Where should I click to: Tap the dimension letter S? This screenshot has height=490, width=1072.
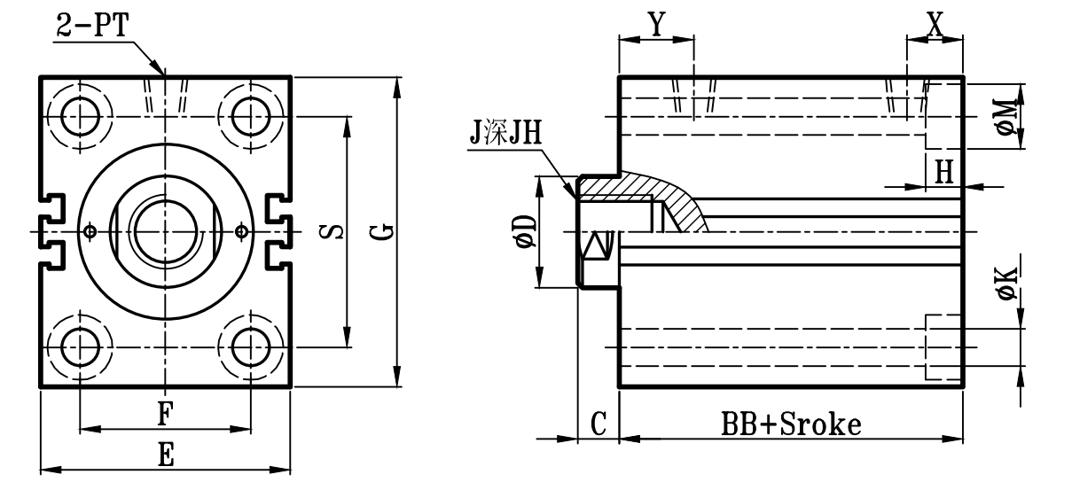(x=329, y=232)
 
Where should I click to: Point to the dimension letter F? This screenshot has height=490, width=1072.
(x=165, y=414)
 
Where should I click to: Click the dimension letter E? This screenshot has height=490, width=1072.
(x=165, y=455)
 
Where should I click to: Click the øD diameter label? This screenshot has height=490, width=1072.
(x=525, y=231)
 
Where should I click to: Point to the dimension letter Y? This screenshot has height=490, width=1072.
(x=655, y=25)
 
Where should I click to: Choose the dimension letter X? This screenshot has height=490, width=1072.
(x=935, y=25)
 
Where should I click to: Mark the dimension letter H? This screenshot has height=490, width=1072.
(x=945, y=171)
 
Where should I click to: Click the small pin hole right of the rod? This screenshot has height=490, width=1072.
(x=242, y=231)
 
